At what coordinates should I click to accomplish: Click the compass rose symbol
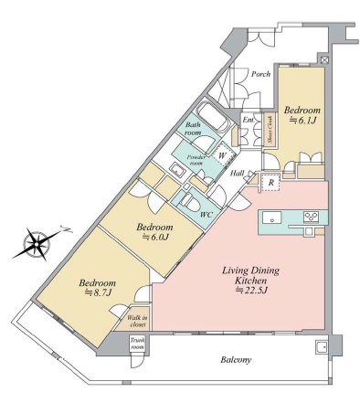pos(37,244)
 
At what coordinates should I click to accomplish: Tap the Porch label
pos(260,74)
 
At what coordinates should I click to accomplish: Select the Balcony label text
pos(236,360)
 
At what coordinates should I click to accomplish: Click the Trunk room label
pos(137,344)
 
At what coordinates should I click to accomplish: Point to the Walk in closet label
pos(137,321)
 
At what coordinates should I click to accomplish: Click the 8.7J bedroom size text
pos(98,293)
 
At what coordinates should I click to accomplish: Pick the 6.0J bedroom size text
pos(155,238)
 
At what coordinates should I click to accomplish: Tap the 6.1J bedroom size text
pos(302,121)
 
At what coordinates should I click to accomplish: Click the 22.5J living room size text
pos(251,291)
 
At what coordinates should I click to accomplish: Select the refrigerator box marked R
pos(270,183)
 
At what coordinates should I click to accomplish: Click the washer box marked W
pos(223,156)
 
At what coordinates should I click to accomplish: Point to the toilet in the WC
pos(189,202)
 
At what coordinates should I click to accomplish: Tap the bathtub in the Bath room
pos(212,117)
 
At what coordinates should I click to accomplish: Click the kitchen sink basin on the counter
pos(271,217)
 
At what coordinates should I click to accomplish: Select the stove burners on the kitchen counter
pos(311,217)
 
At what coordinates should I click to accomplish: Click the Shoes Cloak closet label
pos(270,129)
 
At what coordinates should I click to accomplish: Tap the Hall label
pos(237,174)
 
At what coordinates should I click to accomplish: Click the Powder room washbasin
pos(176,169)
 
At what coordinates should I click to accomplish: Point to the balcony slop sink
pos(321,346)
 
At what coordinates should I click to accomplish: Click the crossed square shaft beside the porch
pos(324,59)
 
